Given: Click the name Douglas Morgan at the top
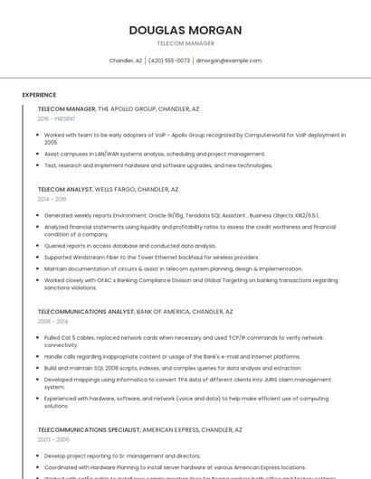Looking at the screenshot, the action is pyautogui.click(x=185, y=30).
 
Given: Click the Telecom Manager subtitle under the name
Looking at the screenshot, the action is pyautogui.click(x=185, y=43).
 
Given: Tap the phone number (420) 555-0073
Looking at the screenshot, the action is pyautogui.click(x=169, y=61).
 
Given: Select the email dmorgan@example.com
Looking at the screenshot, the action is pyautogui.click(x=229, y=61).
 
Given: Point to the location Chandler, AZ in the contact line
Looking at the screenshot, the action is pyautogui.click(x=126, y=61).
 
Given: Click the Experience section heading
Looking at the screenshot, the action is pyautogui.click(x=39, y=95).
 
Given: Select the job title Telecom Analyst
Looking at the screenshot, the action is pyautogui.click(x=65, y=190).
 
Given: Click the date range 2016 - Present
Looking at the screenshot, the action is pyautogui.click(x=57, y=118).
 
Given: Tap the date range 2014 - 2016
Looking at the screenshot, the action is pyautogui.click(x=52, y=199).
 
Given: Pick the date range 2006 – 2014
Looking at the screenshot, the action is pyautogui.click(x=52, y=321).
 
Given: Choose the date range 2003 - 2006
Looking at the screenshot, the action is pyautogui.click(x=52, y=439).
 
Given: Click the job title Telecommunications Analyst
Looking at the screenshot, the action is pyautogui.click(x=85, y=312).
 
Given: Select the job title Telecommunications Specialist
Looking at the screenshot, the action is pyautogui.click(x=87, y=430).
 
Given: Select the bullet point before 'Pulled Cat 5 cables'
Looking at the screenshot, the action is pyautogui.click(x=39, y=337).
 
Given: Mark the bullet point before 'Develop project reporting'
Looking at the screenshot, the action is pyautogui.click(x=39, y=456).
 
